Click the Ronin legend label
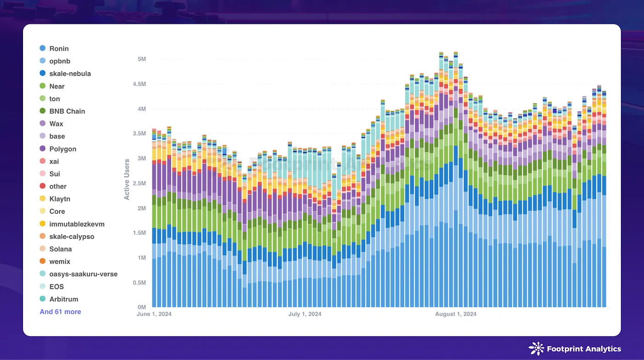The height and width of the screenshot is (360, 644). click(59, 48)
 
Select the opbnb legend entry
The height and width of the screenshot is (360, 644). click(60, 61)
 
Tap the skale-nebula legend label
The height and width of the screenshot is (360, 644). click(70, 74)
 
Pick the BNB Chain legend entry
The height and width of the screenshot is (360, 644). click(67, 111)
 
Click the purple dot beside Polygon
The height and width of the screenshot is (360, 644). click(43, 149)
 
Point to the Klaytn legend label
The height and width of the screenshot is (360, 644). click(60, 199)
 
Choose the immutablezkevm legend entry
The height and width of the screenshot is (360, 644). click(77, 224)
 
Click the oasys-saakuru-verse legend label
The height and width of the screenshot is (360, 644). click(83, 274)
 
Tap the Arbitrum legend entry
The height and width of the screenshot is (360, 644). click(63, 299)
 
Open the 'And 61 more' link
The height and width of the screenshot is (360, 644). click(60, 312)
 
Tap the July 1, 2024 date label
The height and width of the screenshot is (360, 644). click(305, 314)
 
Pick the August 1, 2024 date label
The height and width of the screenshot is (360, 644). click(456, 314)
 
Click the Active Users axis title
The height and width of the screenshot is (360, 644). click(127, 179)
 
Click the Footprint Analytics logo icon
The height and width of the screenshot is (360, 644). click(536, 349)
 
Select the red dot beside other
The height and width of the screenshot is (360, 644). click(43, 186)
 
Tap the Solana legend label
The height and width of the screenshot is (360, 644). click(61, 249)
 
